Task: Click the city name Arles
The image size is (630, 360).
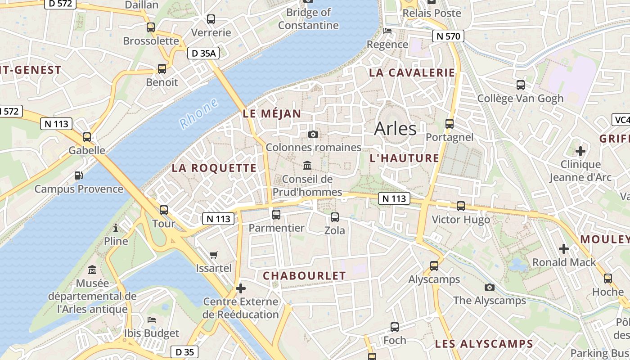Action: pos(396,129)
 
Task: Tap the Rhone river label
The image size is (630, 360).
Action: pos(198,114)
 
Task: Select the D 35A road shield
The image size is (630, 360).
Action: pos(203,54)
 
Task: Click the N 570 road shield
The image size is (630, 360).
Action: pos(448,36)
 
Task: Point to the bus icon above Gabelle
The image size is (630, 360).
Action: pos(87,137)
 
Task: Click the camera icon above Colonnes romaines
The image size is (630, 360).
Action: pos(313,134)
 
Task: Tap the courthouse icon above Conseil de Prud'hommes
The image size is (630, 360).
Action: pos(307,166)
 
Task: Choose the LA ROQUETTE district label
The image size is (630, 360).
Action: pos(214,168)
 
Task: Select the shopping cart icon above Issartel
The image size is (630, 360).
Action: pos(214,255)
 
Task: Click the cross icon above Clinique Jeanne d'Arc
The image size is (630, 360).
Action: pos(580,151)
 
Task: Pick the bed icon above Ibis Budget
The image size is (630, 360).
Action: pos(152,320)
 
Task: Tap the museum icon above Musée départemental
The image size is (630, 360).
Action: pos(92,270)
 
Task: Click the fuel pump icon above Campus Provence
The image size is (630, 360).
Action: pos(79,175)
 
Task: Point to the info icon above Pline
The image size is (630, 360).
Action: pos(116,228)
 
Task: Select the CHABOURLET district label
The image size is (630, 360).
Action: pos(304,276)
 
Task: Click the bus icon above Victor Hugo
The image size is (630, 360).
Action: pos(461,206)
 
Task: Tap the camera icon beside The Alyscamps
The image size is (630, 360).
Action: pos(489,287)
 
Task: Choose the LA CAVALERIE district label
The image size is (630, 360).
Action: pos(412,73)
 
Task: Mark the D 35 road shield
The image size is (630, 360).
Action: pos(184,352)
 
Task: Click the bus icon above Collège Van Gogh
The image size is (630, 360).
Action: pos(521,85)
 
